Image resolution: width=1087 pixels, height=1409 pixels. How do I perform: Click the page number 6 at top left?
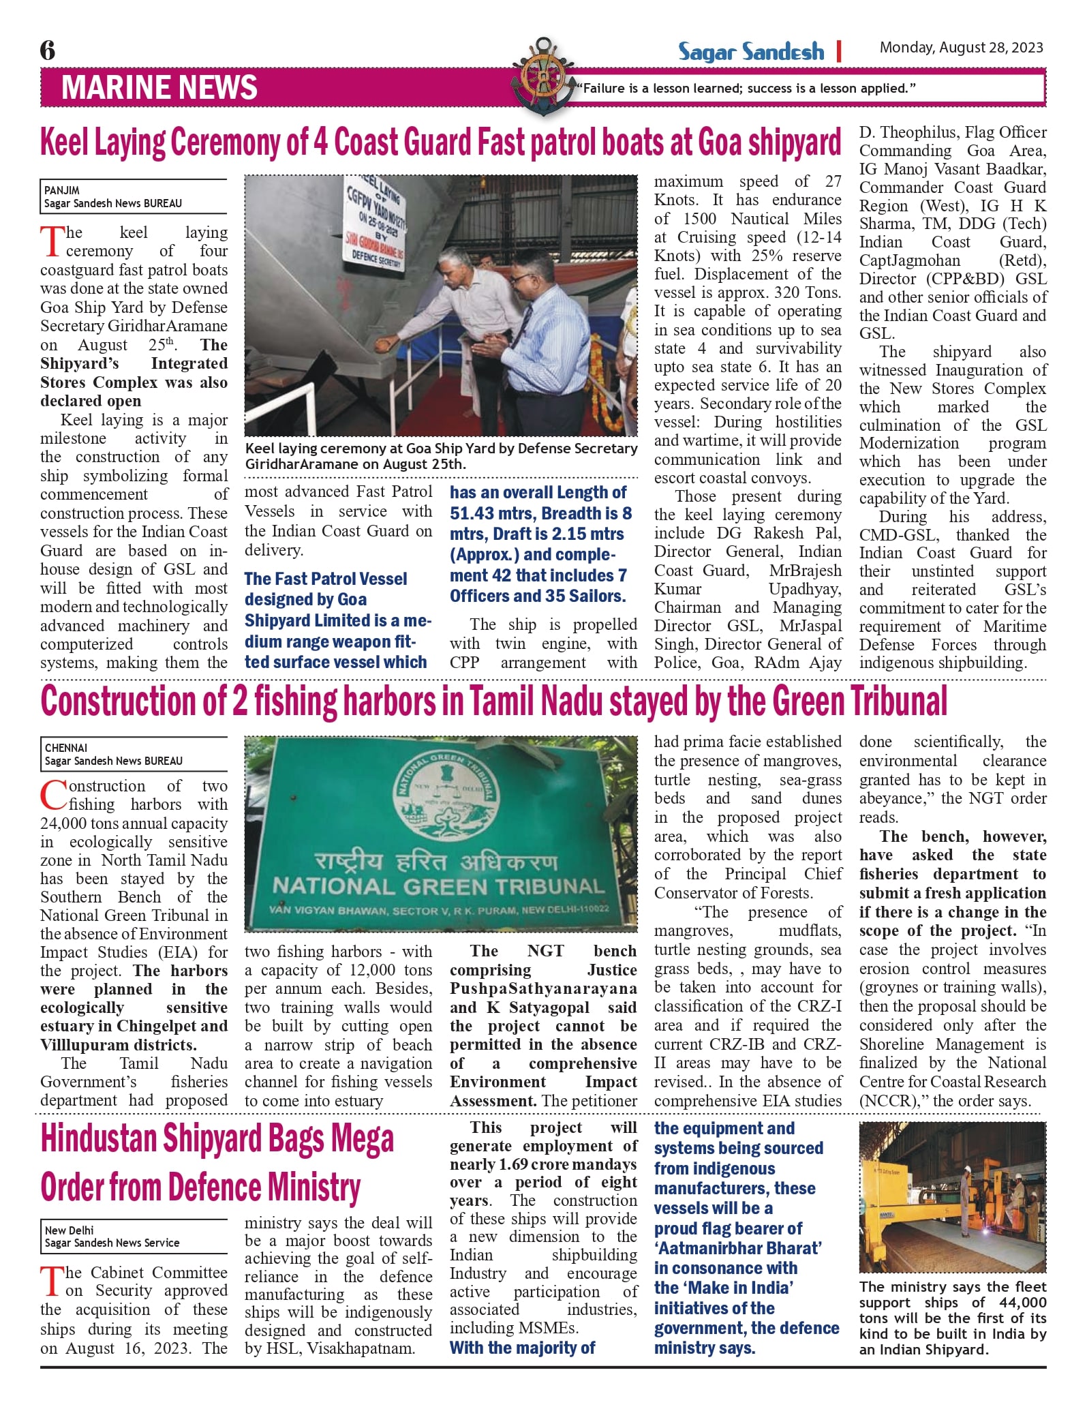click(x=48, y=50)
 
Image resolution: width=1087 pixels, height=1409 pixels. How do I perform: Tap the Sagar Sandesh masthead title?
click(x=750, y=52)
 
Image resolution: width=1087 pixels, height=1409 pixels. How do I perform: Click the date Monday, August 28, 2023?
click(x=961, y=47)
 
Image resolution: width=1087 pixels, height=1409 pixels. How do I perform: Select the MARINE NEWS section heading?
click(x=159, y=88)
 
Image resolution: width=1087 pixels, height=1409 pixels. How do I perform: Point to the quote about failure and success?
click(x=746, y=89)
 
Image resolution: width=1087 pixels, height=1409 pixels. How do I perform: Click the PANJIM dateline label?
click(x=62, y=191)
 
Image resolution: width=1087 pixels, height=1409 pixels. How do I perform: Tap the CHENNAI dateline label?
click(x=66, y=748)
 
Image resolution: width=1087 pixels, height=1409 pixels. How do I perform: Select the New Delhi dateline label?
click(x=70, y=1230)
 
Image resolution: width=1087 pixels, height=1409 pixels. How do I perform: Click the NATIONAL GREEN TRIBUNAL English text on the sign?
click(x=438, y=886)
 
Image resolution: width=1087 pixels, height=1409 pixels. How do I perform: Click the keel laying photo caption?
click(x=440, y=456)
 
